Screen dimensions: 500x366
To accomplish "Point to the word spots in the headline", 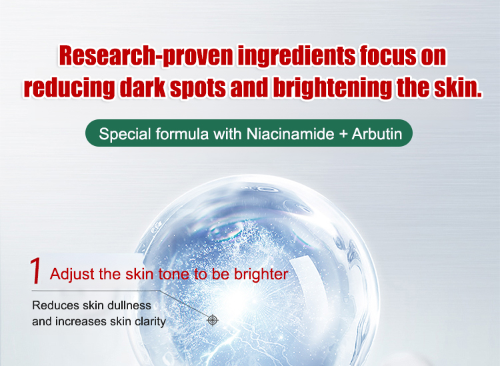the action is tap(197, 87).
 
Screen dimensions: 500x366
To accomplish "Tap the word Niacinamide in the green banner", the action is tap(290, 133).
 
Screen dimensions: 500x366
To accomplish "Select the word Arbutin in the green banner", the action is tap(377, 133).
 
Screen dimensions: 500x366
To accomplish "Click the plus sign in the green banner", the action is tap(343, 134).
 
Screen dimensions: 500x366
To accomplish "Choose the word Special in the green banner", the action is tap(125, 134).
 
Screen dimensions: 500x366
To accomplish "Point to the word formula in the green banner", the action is tap(182, 133).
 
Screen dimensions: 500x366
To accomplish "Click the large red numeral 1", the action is tap(36, 271).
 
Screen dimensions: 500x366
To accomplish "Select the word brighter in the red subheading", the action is tap(261, 274).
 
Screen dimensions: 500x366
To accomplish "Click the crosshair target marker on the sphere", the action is tap(213, 320).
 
